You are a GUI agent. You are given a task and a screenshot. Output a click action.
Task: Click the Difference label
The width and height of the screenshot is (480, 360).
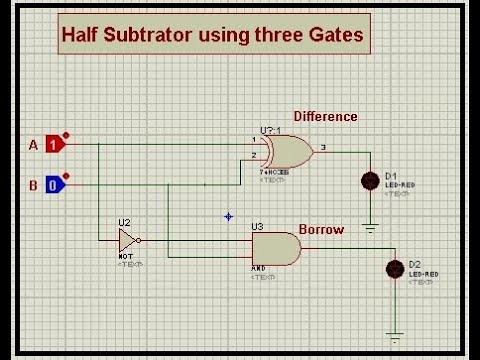325,117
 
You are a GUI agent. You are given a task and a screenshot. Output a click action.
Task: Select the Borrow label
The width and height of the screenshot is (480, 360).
321,230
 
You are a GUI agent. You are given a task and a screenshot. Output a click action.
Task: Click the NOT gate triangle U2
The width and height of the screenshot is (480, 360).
127,240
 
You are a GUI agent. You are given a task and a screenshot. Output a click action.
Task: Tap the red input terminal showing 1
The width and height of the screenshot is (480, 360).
56,145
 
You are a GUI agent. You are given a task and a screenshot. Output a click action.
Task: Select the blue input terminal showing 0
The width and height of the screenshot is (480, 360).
56,184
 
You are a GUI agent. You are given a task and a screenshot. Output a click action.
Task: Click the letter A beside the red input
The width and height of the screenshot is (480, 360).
33,145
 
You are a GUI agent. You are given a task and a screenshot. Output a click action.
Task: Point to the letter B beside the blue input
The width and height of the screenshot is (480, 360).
33,184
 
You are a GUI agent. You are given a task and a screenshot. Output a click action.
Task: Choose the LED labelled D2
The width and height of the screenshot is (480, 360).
395,268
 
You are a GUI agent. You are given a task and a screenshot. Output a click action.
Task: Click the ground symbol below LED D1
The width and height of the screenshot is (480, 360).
371,227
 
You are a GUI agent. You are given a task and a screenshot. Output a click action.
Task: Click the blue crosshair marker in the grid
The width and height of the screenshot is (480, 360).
228,216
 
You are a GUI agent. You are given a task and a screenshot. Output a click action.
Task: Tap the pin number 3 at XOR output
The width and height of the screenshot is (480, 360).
322,147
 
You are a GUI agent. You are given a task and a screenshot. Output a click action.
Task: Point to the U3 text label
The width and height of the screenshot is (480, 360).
257,227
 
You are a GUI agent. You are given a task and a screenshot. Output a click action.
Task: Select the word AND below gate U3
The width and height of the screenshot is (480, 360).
258,269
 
